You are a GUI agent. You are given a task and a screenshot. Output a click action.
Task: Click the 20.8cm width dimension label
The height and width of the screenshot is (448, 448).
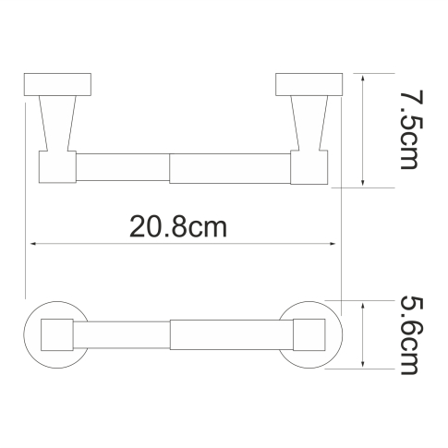tap(177, 226)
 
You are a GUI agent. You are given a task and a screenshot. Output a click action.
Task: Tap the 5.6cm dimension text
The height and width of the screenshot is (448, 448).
tap(404, 333)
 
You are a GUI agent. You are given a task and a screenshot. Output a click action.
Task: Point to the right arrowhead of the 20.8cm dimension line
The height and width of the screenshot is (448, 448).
tap(336, 245)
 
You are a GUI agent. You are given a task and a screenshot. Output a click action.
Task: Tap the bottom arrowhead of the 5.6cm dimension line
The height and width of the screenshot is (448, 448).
tap(368, 367)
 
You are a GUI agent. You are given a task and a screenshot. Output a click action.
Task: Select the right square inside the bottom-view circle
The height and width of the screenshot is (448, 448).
tap(309, 333)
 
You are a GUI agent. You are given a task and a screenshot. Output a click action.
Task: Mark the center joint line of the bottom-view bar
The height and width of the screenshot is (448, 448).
tap(171, 333)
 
